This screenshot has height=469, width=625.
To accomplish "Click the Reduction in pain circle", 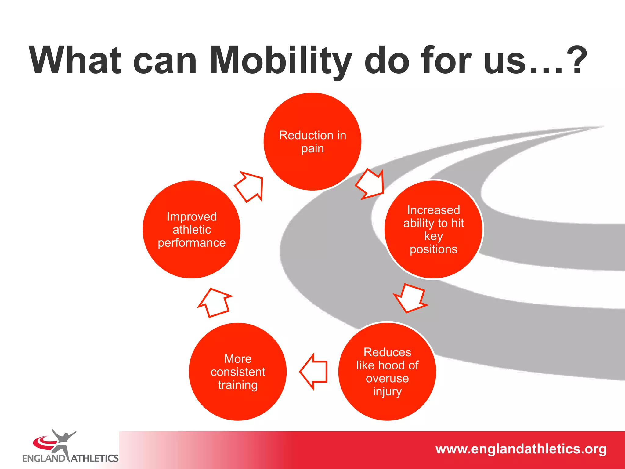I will point(312,142).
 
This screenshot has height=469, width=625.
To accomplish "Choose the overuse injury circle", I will point(387,372).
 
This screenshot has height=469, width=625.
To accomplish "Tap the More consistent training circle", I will point(238,372).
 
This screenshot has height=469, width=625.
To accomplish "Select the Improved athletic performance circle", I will point(192,230).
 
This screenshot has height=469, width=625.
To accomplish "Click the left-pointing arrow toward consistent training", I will point(314,372).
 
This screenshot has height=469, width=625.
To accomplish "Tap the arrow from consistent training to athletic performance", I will point(215,303).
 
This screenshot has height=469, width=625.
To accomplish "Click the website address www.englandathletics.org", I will point(521,449).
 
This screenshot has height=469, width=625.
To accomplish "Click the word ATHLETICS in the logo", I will point(95,458).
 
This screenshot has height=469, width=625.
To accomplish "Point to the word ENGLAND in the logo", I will point(43,458).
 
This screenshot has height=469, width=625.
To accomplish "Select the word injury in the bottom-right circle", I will point(387,391).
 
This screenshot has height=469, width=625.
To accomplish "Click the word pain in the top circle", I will point(312,149).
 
